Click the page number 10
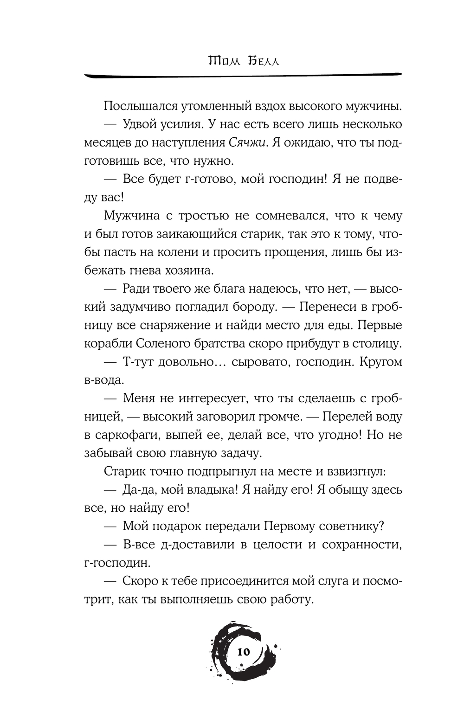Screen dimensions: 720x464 coord(243,651)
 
